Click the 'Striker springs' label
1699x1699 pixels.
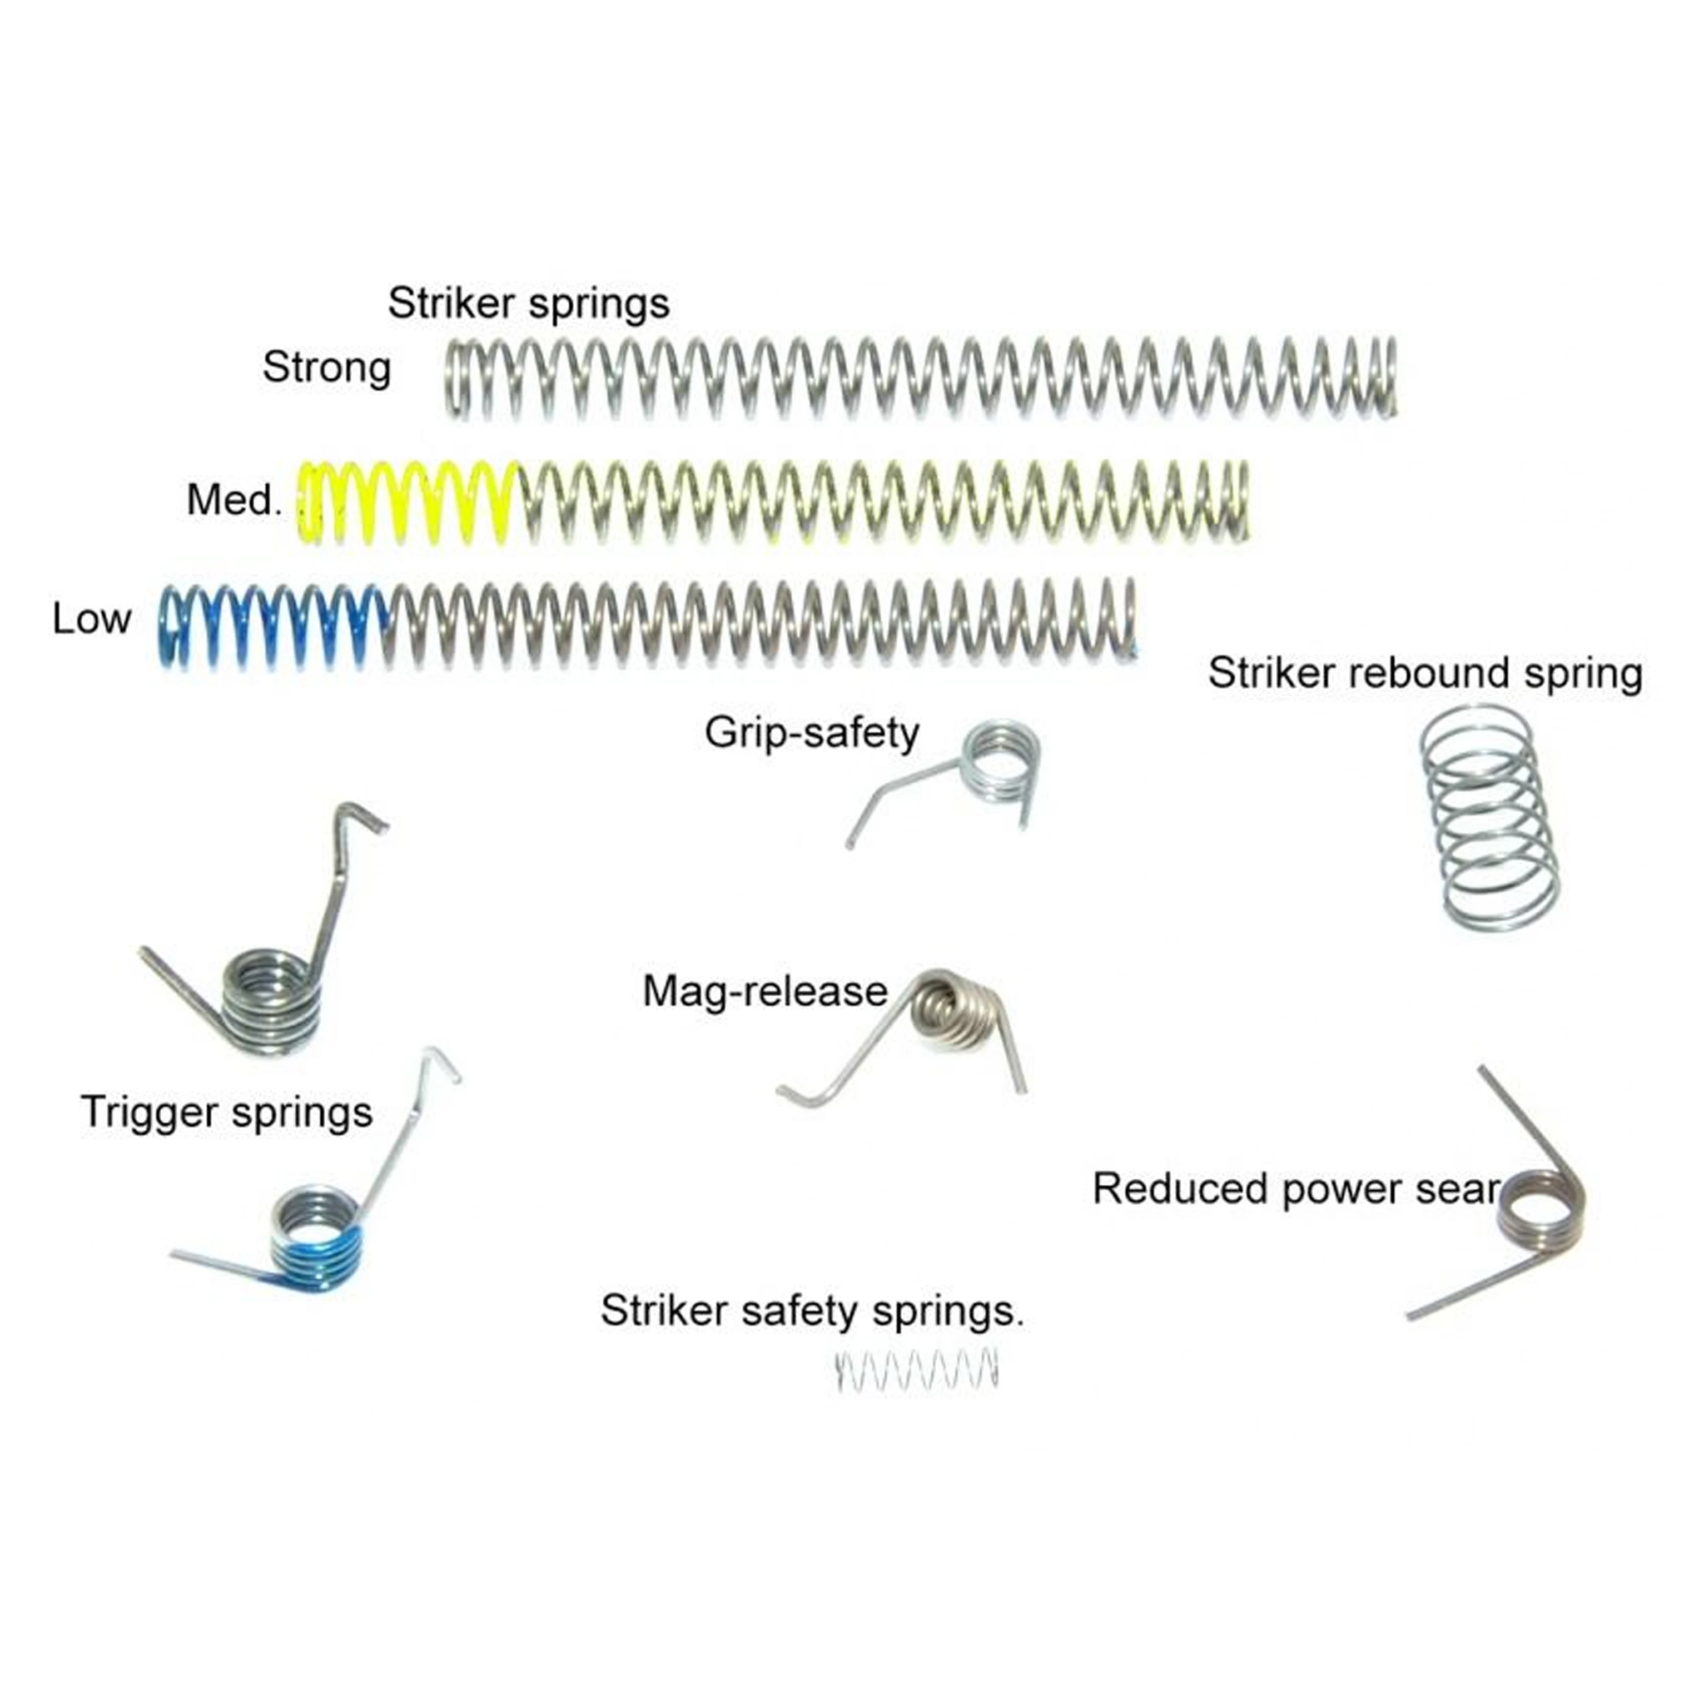click(x=529, y=304)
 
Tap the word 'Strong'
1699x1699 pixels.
click(x=326, y=367)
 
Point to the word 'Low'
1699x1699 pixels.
click(x=92, y=620)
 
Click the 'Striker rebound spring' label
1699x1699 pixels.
click(x=1424, y=674)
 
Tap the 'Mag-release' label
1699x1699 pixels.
click(x=765, y=992)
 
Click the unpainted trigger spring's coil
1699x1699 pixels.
click(x=270, y=998)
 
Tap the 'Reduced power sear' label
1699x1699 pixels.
click(x=1294, y=1189)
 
